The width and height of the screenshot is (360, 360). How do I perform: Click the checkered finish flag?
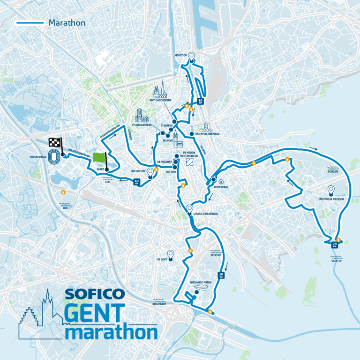(x=55, y=143)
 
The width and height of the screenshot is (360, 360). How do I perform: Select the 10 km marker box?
(x=200, y=101)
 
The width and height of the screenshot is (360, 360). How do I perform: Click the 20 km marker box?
(x=335, y=244)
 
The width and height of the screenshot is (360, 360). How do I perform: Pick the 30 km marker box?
(x=220, y=275)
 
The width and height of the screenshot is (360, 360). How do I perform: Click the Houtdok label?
(x=180, y=55)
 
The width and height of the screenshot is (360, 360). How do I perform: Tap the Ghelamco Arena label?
(x=201, y=282)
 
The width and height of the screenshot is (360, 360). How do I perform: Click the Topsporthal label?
(x=38, y=157)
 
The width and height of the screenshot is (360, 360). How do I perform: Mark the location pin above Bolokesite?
(x=150, y=172)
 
